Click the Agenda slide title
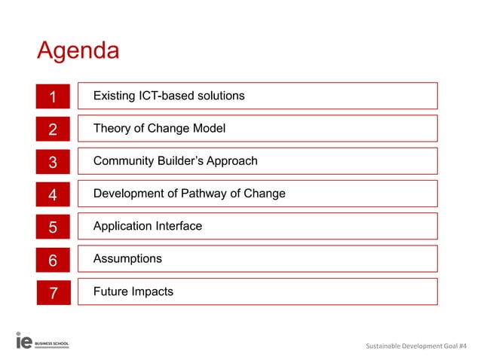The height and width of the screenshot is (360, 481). tap(78, 51)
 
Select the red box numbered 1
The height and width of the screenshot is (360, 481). tap(53, 96)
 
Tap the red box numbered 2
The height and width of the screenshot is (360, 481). tap(53, 129)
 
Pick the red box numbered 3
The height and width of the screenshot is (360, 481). tap(53, 161)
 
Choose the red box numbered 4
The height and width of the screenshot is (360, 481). tap(53, 194)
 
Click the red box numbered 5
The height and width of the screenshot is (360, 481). tap(53, 227)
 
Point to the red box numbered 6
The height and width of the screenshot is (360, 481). tap(53, 260)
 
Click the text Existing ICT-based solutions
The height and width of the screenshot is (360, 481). tap(168, 96)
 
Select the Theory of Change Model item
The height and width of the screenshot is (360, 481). tap(159, 128)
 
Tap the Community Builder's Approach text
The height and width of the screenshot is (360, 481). tap(175, 160)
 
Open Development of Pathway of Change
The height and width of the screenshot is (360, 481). tap(188, 194)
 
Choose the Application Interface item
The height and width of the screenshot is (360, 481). tap(147, 226)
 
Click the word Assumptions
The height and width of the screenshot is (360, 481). tap(127, 258)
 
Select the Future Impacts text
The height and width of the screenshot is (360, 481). tap(133, 291)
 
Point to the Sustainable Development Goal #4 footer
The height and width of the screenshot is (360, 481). tap(415, 346)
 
